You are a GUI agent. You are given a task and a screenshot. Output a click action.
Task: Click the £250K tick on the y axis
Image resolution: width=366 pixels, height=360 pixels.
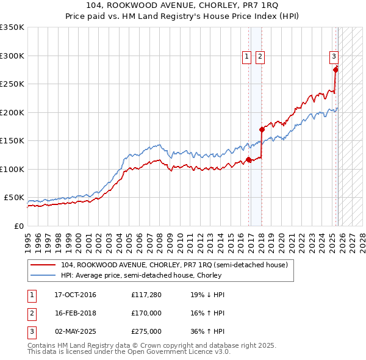(12, 84)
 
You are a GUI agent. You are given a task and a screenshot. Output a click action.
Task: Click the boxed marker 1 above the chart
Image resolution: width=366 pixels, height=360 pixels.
(247, 57)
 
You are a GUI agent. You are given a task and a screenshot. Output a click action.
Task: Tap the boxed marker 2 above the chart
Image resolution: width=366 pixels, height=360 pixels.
(260, 57)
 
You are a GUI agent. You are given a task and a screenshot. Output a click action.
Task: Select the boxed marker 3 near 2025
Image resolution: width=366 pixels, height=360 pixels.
(334, 57)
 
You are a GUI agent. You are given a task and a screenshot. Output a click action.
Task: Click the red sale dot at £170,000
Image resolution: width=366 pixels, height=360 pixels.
(262, 129)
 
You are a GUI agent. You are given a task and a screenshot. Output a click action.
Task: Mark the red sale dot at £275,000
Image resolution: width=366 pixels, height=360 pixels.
(335, 70)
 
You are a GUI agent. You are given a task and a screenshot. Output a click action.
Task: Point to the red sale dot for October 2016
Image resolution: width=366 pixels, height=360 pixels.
(248, 159)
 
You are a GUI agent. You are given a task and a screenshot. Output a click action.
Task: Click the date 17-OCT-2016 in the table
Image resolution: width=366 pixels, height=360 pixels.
(75, 295)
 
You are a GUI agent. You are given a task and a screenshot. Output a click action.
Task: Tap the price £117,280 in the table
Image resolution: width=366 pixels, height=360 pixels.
(146, 295)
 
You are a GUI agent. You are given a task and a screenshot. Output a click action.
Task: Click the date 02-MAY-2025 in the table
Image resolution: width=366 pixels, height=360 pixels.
(76, 331)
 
